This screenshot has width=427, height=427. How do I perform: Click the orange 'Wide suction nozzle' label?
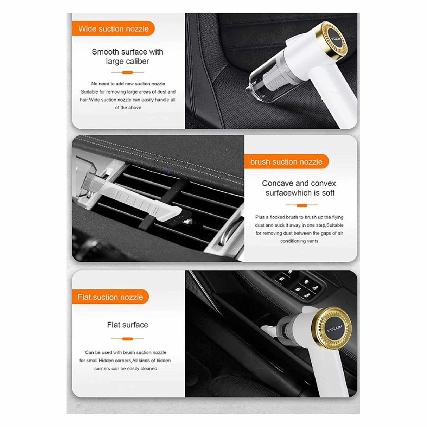click(x=113, y=29)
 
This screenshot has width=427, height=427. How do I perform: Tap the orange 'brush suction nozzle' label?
click(x=286, y=162)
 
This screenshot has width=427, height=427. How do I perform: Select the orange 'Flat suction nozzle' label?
click(x=110, y=297)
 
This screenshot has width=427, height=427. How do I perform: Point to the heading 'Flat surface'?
click(x=127, y=325)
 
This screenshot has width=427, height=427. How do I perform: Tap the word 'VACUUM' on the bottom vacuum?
click(x=334, y=329)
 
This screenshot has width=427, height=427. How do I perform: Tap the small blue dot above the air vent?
click(x=168, y=172)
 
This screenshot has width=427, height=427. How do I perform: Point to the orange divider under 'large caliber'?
click(x=127, y=72)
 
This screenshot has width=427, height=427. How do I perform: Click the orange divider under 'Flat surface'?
click(x=127, y=339)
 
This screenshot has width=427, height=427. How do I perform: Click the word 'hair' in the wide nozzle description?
click(x=83, y=100)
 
